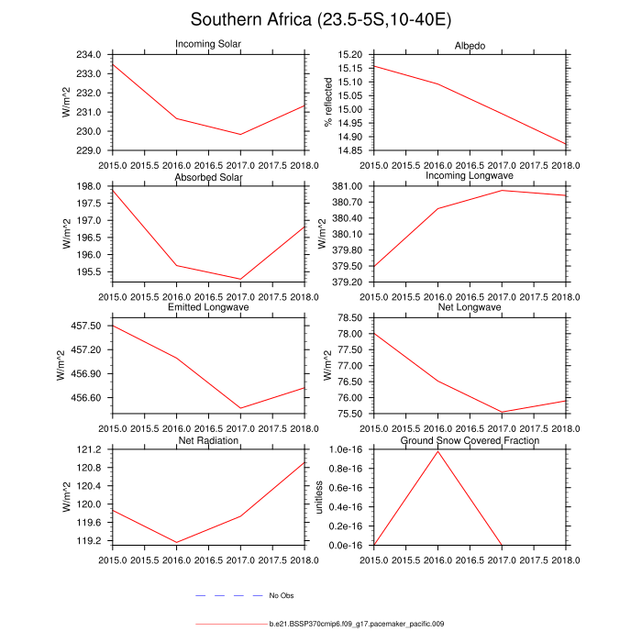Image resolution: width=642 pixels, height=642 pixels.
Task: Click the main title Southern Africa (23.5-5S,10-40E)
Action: pyautogui.click(x=320, y=19)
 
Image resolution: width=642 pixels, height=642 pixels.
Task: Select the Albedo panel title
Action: pyautogui.click(x=470, y=46)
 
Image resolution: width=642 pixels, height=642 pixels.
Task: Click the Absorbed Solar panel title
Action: pyautogui.click(x=208, y=177)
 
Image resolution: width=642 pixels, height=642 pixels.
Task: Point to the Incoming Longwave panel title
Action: pyautogui.click(x=470, y=175)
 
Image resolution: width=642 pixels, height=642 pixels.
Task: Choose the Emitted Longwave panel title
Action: pyautogui.click(x=208, y=307)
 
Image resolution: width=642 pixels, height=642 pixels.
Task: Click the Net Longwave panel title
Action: pyautogui.click(x=470, y=307)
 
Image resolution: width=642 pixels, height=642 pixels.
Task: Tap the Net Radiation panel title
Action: pyautogui.click(x=208, y=441)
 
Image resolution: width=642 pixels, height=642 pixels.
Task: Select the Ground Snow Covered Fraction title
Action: pyautogui.click(x=470, y=441)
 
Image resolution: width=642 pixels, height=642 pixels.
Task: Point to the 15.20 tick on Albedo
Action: pyautogui.click(x=351, y=55)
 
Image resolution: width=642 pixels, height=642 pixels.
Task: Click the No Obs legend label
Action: pyautogui.click(x=281, y=596)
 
